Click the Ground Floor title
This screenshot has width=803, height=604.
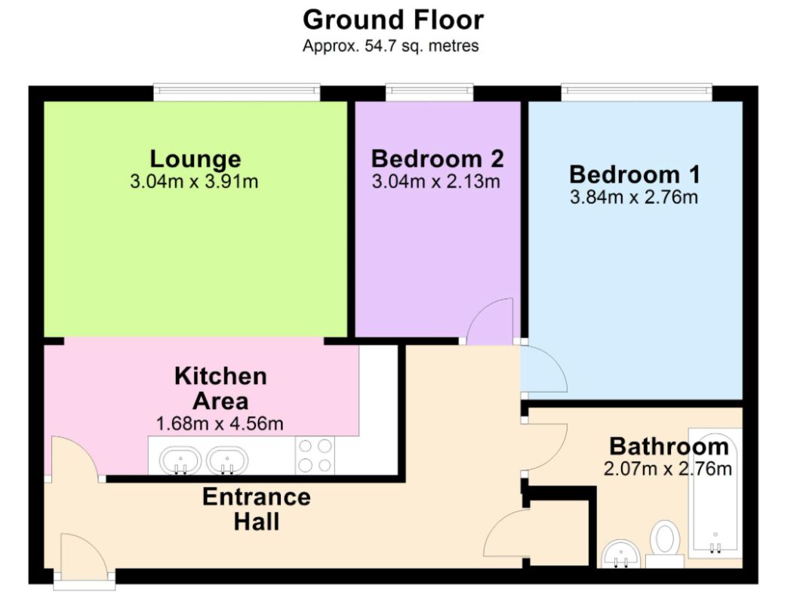392,20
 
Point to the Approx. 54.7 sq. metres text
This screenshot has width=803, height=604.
390,46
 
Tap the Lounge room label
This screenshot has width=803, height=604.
195,159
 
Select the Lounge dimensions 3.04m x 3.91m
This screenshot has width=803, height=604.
194,181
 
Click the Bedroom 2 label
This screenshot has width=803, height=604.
438,159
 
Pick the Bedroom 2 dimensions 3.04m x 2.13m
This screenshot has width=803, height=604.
435,181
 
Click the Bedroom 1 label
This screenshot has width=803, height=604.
635,174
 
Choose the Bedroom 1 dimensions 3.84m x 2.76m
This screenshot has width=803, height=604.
634,197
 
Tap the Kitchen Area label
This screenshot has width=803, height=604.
220,389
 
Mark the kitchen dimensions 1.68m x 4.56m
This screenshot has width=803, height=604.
220,424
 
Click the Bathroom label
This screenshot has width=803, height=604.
669,447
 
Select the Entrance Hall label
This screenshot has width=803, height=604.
257,510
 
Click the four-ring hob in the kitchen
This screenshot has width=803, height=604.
315,455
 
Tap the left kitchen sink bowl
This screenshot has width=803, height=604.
180,460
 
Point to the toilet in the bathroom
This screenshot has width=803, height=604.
665,543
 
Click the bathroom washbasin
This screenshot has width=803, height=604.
622,555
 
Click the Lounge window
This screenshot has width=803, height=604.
237,91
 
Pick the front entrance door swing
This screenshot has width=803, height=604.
85,556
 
